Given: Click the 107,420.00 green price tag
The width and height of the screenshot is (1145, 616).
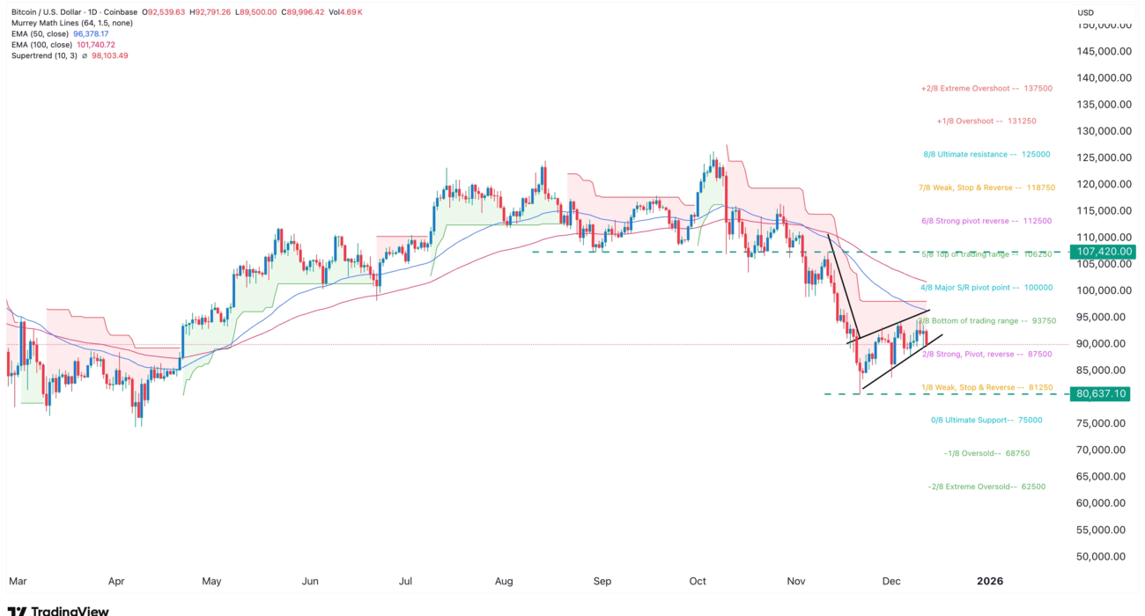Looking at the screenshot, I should coord(1102,252).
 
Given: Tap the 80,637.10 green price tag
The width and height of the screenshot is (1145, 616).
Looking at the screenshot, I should coord(1102,393).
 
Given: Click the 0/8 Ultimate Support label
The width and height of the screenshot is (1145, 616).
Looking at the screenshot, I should coord(986,421).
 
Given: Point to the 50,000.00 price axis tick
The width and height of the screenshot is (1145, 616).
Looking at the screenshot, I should coord(1105,556).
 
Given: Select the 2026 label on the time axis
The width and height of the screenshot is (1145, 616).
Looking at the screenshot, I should coord(991,582).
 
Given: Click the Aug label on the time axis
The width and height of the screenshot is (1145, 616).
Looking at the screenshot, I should coord(504,582).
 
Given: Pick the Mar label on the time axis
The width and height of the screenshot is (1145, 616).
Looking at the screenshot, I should coord(18,582).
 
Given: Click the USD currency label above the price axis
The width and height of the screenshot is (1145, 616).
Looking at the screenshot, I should coord(1086,12).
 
